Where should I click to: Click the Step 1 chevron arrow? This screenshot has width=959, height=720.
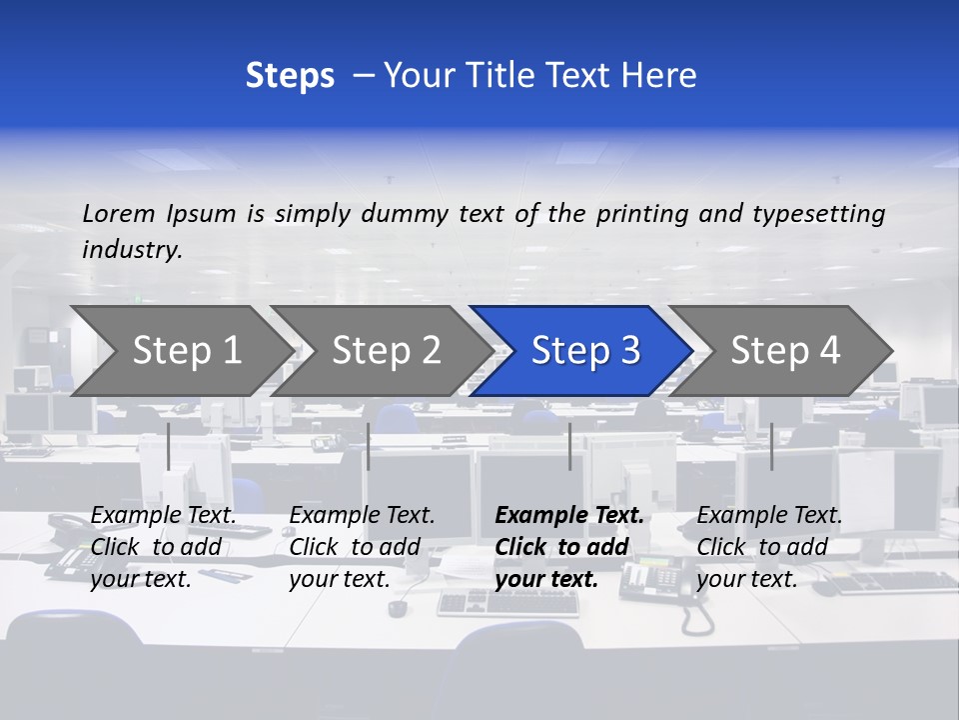click(186, 350)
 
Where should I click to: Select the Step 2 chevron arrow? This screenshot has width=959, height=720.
click(386, 350)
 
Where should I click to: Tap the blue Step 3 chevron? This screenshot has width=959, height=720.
click(585, 350)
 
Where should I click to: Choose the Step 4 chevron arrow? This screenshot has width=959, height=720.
click(785, 350)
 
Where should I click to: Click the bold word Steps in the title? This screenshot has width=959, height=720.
click(290, 76)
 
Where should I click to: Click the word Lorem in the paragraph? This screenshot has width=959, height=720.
click(119, 214)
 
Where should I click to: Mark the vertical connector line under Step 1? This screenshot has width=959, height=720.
click(169, 446)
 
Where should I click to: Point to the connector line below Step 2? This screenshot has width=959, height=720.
click(369, 446)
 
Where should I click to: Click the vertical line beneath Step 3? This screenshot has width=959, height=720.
click(570, 446)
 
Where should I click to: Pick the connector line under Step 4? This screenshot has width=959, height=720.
click(772, 446)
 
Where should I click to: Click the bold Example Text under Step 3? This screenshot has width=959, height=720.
click(569, 516)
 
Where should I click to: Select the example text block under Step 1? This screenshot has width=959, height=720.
click(163, 547)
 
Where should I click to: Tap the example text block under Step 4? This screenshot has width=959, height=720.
click(769, 547)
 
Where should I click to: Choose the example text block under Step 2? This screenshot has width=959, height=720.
click(362, 547)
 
